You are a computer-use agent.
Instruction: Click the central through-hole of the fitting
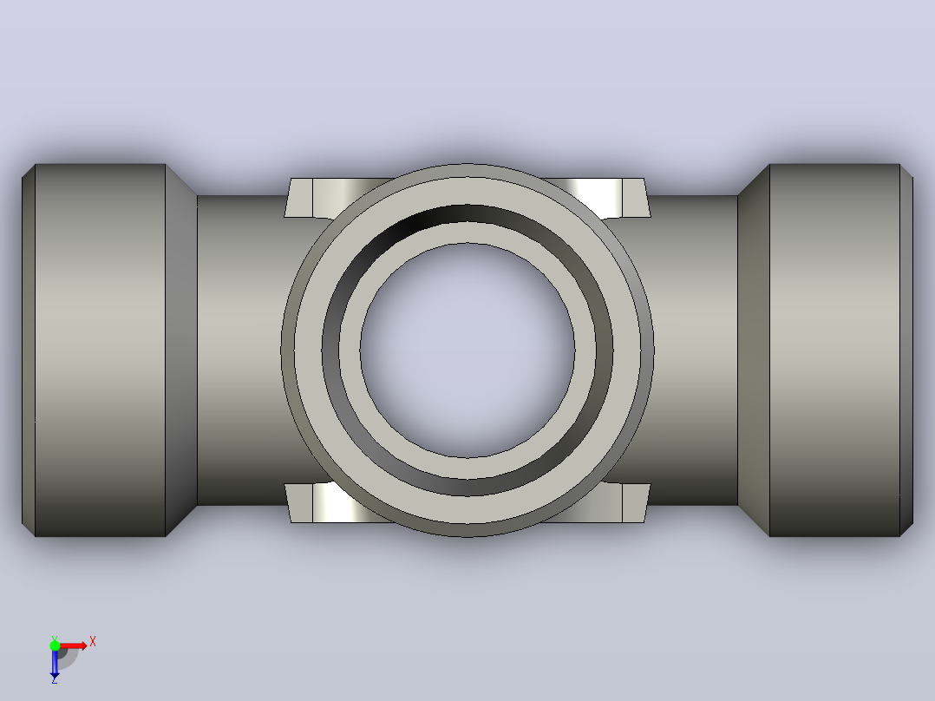tap(467, 350)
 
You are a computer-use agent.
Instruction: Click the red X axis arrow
tap(73, 645)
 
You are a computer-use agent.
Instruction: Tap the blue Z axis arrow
tap(55, 662)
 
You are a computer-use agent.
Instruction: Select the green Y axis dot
tap(55, 645)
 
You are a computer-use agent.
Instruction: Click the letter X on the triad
tap(93, 642)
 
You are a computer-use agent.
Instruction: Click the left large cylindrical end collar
tap(101, 350)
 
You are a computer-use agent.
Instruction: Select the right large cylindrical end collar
tap(834, 350)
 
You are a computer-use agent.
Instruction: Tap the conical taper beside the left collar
tap(181, 350)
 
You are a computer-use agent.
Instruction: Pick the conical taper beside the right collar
tap(754, 350)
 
